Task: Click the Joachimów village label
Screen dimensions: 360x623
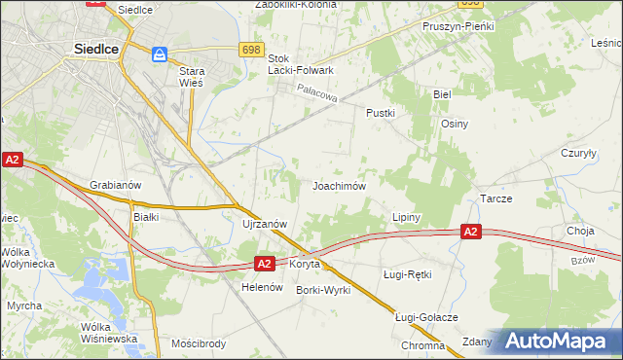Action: click(339, 185)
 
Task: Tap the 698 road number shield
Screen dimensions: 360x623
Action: click(251, 49)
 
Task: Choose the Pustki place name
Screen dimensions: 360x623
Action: click(380, 113)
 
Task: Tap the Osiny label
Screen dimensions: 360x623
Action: click(455, 124)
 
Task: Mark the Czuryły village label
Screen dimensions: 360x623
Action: click(578, 153)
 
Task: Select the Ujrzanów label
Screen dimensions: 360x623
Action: click(264, 223)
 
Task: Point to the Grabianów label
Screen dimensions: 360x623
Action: click(116, 184)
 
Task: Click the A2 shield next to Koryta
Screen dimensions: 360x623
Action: click(266, 263)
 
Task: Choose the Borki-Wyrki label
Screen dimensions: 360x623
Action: click(323, 290)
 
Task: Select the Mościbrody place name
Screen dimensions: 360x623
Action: click(198, 343)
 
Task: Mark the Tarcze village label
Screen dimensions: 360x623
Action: click(495, 198)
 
